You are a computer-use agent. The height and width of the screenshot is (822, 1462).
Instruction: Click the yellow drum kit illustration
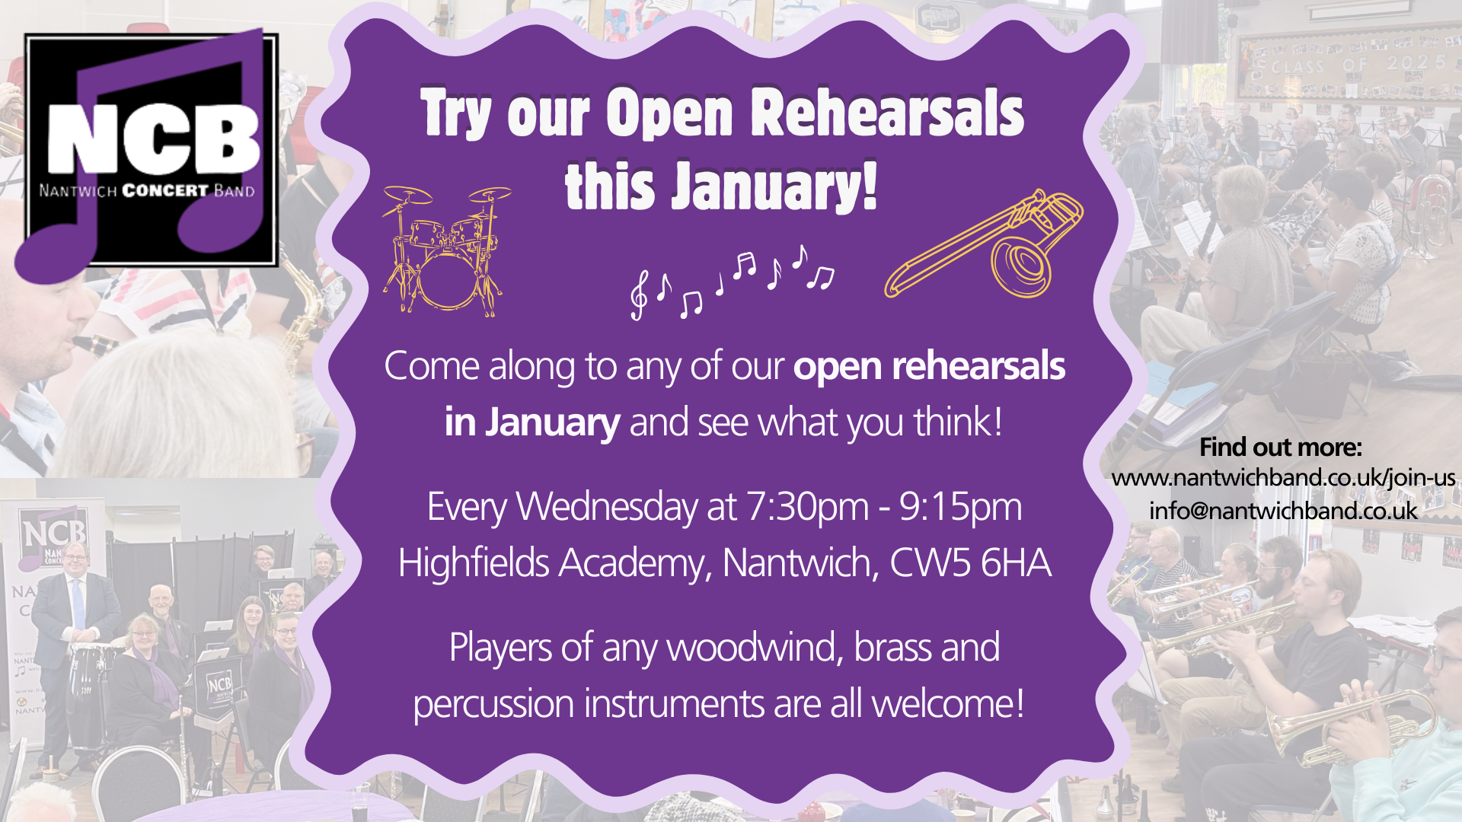[x=445, y=251]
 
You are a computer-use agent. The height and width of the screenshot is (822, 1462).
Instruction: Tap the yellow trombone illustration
[x=985, y=245]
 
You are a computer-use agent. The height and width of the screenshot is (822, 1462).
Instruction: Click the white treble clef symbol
[x=639, y=295]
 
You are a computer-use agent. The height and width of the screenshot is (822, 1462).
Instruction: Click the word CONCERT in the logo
[x=165, y=190]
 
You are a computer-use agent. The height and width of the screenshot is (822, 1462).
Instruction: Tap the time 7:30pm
[x=807, y=507]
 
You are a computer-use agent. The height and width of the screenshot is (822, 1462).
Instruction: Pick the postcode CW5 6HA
[x=970, y=563]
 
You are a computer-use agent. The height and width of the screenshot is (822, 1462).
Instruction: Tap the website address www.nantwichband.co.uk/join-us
[x=1283, y=478]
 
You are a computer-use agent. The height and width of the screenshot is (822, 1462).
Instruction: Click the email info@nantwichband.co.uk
[x=1283, y=510]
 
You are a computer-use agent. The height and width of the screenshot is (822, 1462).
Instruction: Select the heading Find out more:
[x=1280, y=447]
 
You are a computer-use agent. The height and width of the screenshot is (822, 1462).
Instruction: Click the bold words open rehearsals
[x=929, y=366]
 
